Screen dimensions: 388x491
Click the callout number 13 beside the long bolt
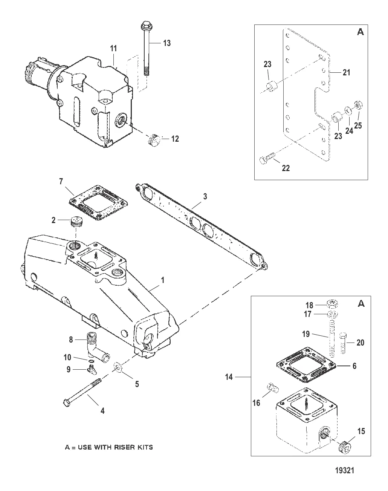point(167,43)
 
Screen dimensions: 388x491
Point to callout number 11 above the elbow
point(113,48)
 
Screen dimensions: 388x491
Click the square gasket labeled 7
point(98,203)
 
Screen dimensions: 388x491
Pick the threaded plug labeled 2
point(76,221)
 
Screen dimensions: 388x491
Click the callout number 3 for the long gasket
point(205,196)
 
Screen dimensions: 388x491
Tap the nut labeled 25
point(359,106)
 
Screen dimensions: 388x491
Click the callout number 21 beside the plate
point(346,73)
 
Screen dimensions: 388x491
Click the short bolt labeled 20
point(343,343)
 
